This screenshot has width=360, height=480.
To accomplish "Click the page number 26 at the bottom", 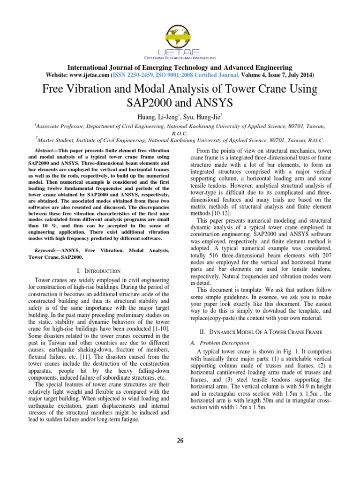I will click(x=180, y=440).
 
